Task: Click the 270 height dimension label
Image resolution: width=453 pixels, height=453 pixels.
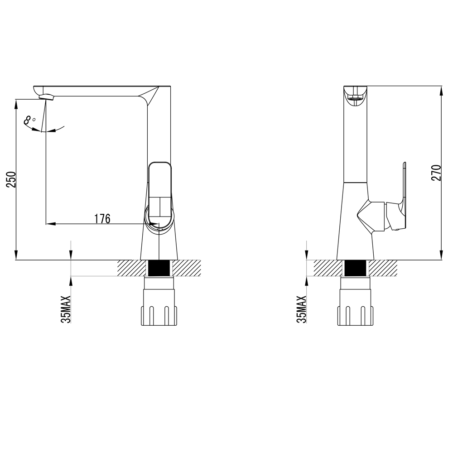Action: pos(436,173)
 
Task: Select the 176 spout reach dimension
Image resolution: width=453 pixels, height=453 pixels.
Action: pos(102,219)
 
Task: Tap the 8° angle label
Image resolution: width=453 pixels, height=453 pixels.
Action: pos(29,120)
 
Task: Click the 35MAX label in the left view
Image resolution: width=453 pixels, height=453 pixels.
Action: pos(66,309)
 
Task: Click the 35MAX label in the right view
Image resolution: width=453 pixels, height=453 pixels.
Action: pos(301,309)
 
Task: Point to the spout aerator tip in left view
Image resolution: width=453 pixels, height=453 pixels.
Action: pos(47,97)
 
